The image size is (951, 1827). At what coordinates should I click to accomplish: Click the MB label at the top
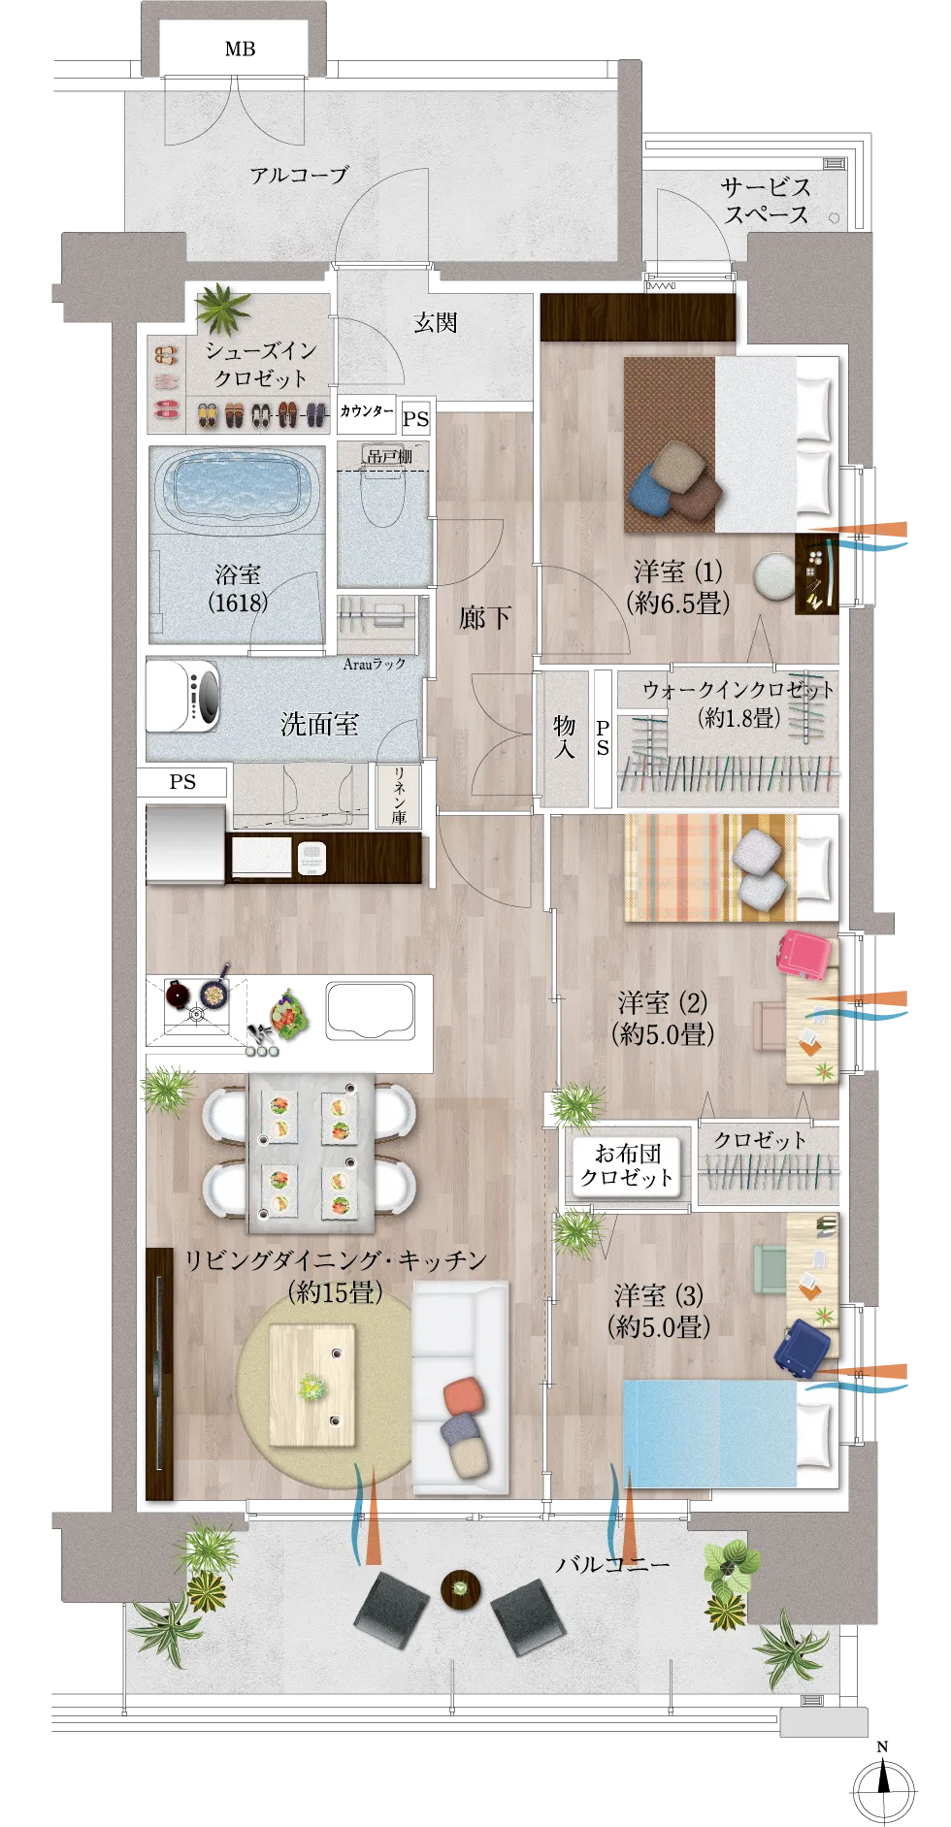pos(240,49)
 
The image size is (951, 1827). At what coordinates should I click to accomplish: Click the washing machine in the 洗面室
pos(182,695)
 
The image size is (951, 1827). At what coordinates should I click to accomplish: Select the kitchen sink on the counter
pos(371,1011)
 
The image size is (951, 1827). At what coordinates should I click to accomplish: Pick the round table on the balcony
pos(461,1588)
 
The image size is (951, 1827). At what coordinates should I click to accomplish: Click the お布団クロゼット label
pos(627,1165)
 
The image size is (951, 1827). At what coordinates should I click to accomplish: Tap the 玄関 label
pos(436,322)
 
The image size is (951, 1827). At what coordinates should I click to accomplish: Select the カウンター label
pos(367,411)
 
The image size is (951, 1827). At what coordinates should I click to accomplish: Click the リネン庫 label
pos(399,796)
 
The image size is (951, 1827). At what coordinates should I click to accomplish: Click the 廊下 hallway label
pos(484,617)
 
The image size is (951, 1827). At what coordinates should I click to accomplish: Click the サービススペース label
pos(766,201)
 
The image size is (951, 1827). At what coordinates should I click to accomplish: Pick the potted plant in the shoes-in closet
pos(223,309)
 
